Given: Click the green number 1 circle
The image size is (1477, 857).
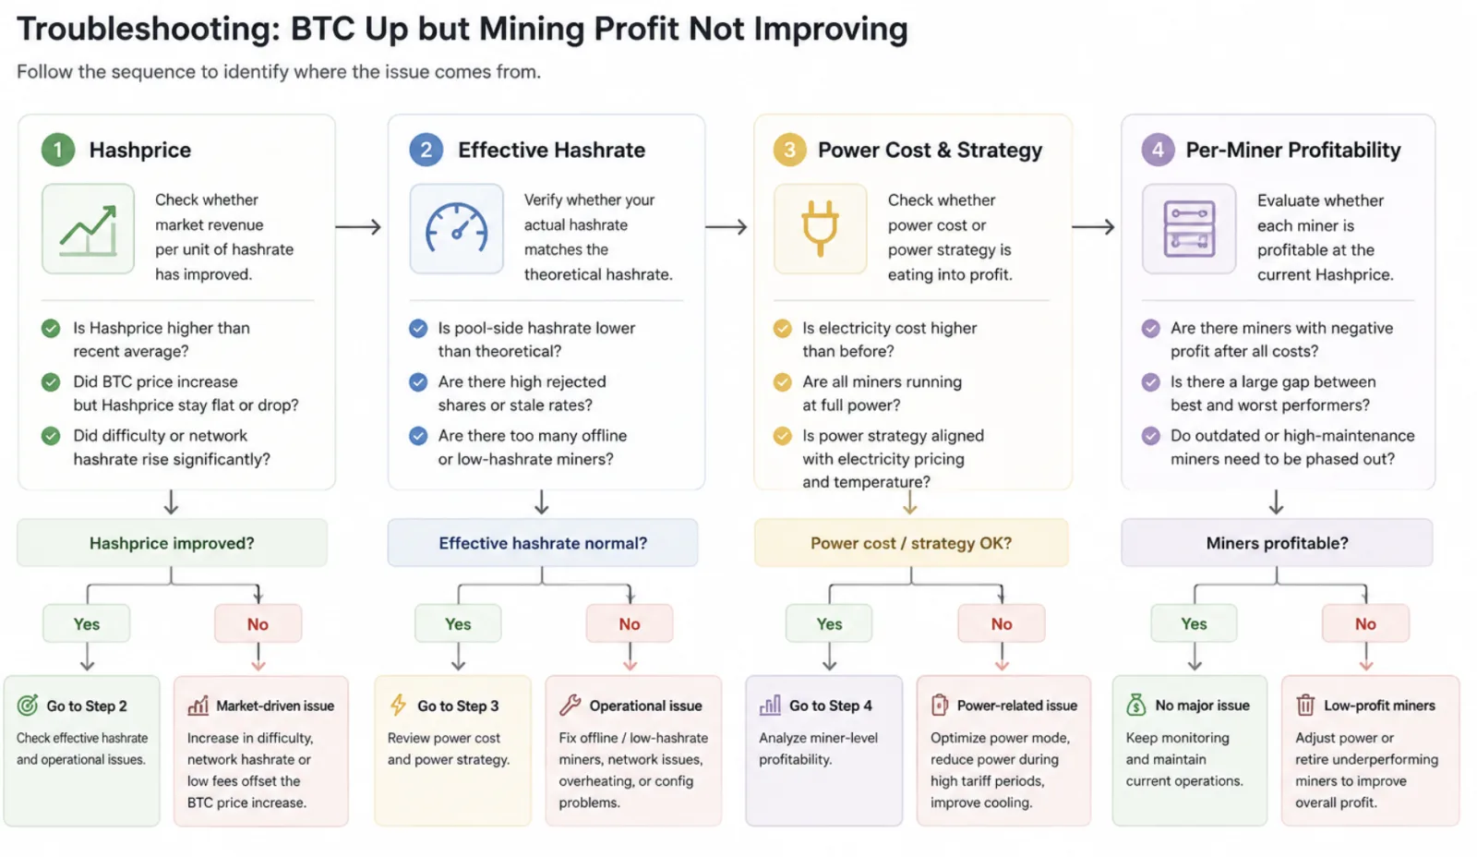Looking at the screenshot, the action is coord(58,150).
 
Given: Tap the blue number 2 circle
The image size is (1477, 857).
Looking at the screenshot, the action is coord(426,150).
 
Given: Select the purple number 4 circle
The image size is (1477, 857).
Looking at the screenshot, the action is coord(1158,150).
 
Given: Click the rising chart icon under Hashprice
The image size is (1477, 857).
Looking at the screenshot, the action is coord(88,229).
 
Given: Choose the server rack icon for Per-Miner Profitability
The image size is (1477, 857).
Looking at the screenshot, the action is coord(1189,229).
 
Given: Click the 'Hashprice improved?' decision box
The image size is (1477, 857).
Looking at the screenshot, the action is coord(172,543).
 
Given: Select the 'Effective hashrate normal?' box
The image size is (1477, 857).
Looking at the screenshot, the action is coord(543,543).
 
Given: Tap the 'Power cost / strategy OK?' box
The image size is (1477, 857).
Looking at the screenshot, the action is coord(911,543).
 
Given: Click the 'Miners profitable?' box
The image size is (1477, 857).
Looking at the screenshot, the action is coord(1278,543).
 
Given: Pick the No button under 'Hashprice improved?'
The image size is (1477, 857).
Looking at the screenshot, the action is coord(258,623).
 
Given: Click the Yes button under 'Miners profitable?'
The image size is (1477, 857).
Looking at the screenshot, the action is coord(1195,623).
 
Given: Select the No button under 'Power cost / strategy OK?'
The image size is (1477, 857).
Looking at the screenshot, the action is coord(1002,623).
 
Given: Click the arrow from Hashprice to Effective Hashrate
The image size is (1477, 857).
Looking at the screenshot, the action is coord(358,227).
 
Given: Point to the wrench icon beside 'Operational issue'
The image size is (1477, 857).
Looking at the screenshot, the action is coord(570,705).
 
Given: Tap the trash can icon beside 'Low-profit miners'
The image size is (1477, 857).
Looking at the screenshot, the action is coord(1305,705).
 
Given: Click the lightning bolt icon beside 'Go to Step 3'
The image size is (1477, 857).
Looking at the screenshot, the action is coord(398,705).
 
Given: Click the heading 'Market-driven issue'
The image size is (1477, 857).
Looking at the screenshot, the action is coord(275,706).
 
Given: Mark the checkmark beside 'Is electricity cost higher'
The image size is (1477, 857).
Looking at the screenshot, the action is coord(783,328).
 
